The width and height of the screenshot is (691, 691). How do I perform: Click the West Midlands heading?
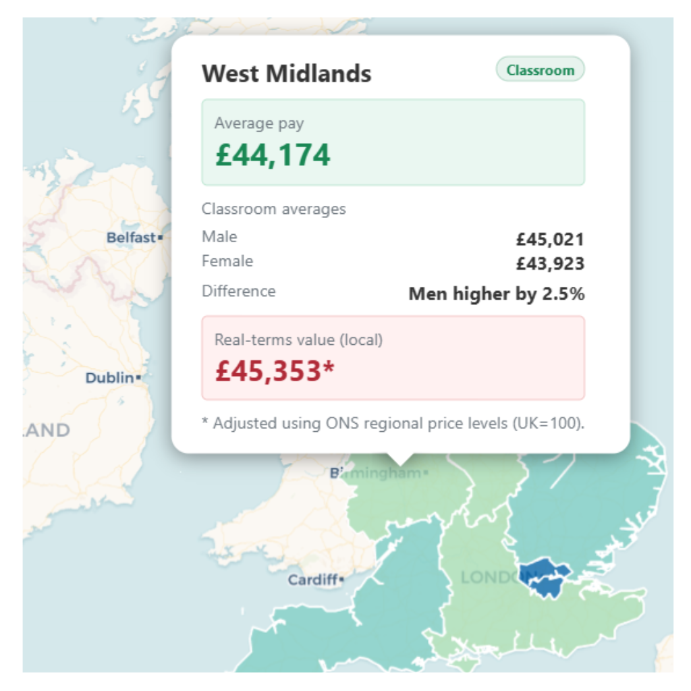tap(286, 73)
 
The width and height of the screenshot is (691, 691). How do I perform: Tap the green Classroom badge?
tap(540, 70)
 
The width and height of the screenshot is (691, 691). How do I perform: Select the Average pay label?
tap(259, 123)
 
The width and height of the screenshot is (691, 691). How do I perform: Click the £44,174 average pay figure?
tap(273, 155)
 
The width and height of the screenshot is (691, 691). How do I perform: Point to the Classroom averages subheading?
tap(273, 209)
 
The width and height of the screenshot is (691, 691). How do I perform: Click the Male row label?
tap(219, 237)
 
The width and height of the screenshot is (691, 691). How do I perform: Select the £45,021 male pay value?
tap(550, 240)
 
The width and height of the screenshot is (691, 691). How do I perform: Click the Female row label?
tap(227, 261)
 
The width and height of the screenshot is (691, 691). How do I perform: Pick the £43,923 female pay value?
tap(550, 264)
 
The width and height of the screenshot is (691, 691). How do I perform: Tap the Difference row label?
tap(238, 292)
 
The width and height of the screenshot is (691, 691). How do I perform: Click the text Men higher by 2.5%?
tap(496, 294)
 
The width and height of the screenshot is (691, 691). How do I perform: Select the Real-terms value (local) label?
tap(298, 340)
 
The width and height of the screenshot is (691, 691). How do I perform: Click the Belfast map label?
tap(132, 238)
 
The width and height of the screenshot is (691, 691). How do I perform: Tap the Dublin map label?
tap(110, 378)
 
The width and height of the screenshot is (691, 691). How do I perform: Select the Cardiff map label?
tap(313, 580)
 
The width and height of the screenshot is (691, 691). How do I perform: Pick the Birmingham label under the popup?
tap(378, 474)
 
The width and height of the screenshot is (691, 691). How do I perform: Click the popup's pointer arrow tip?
tap(401, 464)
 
